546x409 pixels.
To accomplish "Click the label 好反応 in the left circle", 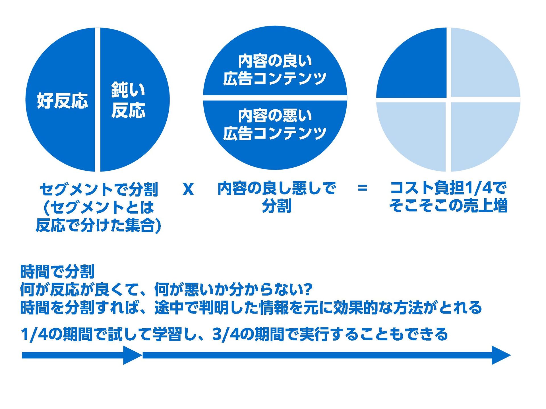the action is pos(62,101).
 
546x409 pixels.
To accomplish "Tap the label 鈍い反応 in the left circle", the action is pos(128,100).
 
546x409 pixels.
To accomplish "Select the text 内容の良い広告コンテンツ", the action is pos(275,70).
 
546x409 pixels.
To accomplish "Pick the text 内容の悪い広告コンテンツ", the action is pos(275,124).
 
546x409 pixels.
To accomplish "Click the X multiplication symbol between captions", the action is pos(188,189).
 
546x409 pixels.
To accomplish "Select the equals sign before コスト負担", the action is pos(362,188).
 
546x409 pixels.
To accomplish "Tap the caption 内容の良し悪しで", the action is pos(276,188).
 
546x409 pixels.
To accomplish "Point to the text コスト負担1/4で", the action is pos(448,188).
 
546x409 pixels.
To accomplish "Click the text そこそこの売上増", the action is pos(448,206).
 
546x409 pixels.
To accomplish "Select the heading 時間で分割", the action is pos(57,272).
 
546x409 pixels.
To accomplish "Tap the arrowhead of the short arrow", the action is pos(132,355).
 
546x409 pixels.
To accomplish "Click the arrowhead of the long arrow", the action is pos(500,355).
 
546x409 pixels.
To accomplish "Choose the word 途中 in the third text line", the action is pos(169,308).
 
